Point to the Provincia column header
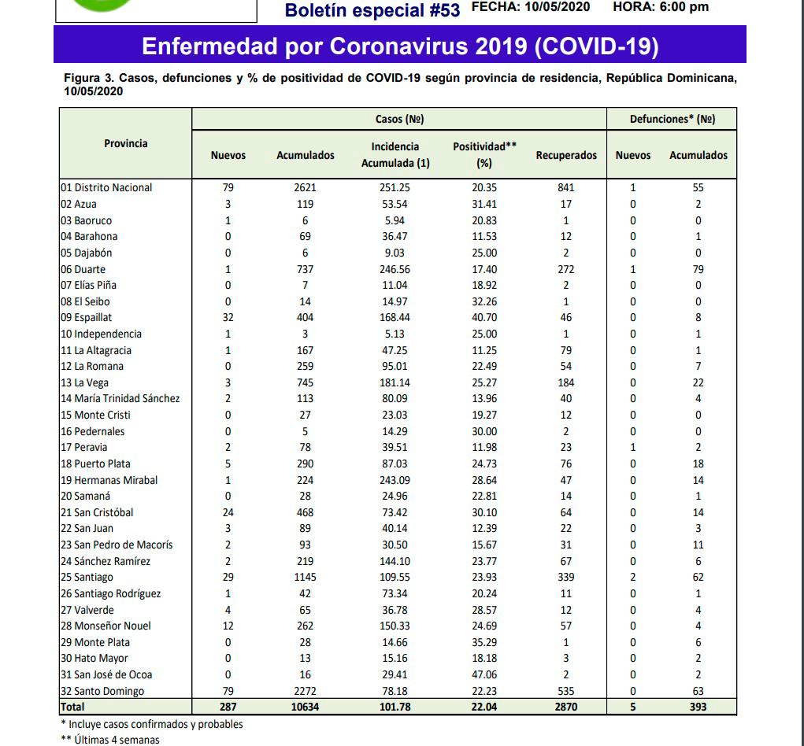click(x=126, y=143)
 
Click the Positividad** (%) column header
click(x=484, y=155)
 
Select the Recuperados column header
click(x=566, y=155)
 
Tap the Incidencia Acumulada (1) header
click(x=395, y=155)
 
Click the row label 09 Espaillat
click(x=87, y=318)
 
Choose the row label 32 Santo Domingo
click(x=102, y=691)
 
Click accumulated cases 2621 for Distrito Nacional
click(x=306, y=188)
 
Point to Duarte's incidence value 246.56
click(x=395, y=269)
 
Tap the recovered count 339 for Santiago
click(x=565, y=578)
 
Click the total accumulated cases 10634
click(x=306, y=707)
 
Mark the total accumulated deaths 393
click(x=698, y=707)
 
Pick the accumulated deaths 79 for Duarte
click(x=698, y=269)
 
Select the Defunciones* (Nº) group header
click(x=672, y=119)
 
